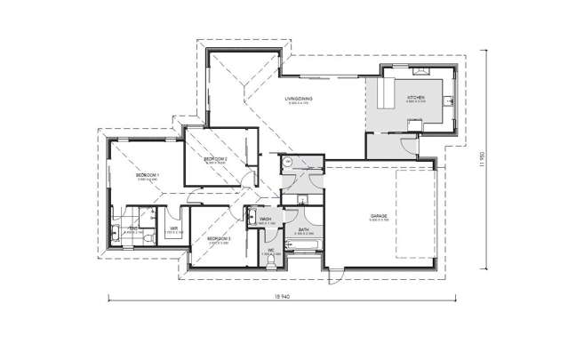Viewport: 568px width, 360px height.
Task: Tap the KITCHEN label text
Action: (x=416, y=97)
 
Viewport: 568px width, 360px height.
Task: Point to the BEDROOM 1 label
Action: (x=148, y=176)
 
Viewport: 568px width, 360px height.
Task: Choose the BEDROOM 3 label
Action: (x=219, y=238)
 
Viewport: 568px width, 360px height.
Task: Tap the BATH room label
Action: (x=303, y=229)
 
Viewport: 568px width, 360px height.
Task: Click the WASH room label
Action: (x=265, y=217)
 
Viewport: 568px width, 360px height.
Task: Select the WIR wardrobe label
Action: (x=175, y=228)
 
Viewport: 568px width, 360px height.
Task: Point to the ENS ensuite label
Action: (x=132, y=228)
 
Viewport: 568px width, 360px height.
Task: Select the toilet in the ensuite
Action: (x=116, y=236)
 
